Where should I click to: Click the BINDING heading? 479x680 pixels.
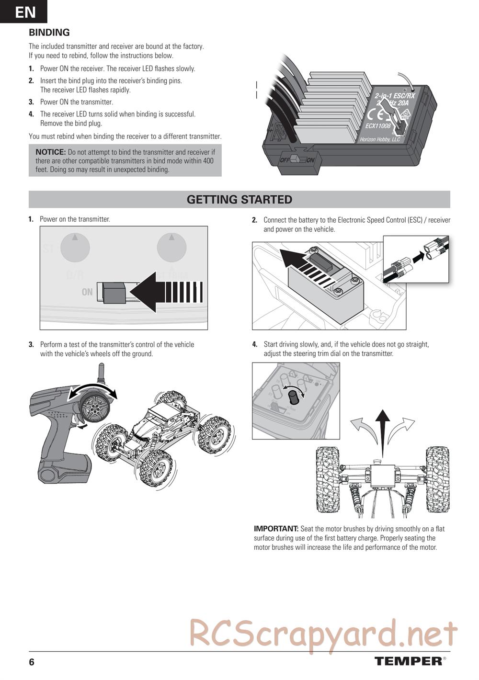point(49,33)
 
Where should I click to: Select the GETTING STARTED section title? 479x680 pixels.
point(239,199)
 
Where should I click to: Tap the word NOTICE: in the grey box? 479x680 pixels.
point(51,152)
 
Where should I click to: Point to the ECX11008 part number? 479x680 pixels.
point(378,125)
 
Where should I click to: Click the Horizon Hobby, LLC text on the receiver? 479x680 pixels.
point(380,139)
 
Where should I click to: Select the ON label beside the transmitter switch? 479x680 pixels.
point(87,292)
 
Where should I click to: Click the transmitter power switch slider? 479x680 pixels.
point(114,293)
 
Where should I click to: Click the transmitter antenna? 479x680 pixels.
point(101,373)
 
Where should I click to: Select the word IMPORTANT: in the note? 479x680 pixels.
point(276,529)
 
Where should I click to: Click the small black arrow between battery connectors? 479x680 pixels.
point(418,258)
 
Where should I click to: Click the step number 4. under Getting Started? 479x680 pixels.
point(255,345)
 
